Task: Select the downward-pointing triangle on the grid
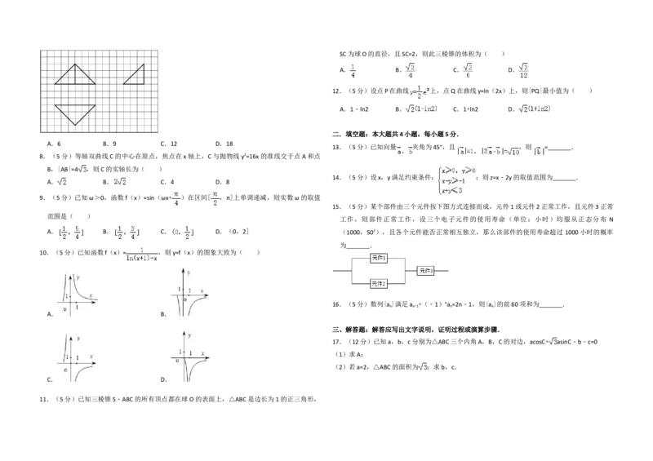click(75, 113)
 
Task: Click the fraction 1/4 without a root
click(352, 69)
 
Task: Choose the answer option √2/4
click(411, 69)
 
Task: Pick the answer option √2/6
click(468, 69)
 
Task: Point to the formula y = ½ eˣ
click(418, 92)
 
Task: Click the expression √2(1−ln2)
click(424, 109)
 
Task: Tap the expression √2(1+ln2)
click(535, 109)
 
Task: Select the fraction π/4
click(175, 199)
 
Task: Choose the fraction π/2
click(215, 199)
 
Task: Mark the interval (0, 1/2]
click(182, 233)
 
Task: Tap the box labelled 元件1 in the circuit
click(380, 257)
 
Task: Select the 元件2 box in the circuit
click(380, 282)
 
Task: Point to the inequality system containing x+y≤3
click(455, 180)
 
